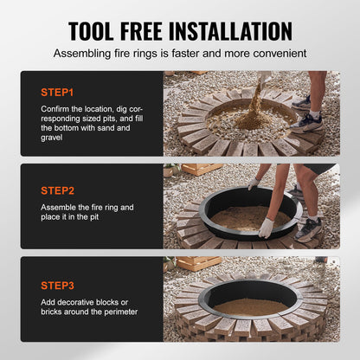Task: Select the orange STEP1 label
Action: pos(57,90)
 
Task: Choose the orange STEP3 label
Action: pos(57,284)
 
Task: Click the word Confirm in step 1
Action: pos(56,107)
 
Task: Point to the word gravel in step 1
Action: pos(53,138)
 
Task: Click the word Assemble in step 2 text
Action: pos(60,208)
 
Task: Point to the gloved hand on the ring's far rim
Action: pos(253,185)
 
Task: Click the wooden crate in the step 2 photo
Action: pos(200,170)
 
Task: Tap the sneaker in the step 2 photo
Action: pos(308,230)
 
